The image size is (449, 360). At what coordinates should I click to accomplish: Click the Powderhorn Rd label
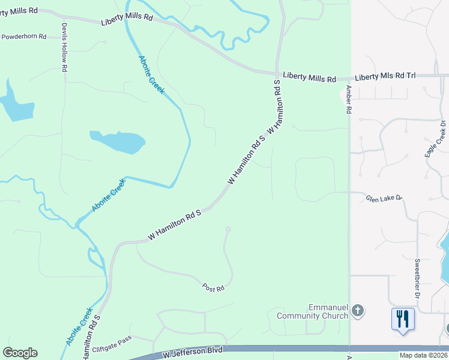coord(24,37)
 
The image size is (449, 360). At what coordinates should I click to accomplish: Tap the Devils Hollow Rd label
coord(64,48)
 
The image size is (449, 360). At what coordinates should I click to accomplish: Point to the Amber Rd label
coord(348,99)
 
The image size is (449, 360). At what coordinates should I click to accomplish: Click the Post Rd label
coord(212,289)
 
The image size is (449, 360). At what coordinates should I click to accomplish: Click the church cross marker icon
coord(358,311)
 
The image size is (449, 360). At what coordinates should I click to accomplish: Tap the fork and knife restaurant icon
coord(402,319)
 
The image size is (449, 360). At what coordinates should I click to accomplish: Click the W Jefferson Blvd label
coord(193,353)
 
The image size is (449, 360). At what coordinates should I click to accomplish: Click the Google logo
coord(20,353)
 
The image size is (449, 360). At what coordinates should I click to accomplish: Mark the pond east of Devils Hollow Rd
coord(118,142)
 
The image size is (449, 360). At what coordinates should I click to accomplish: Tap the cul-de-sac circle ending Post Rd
coord(228,229)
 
